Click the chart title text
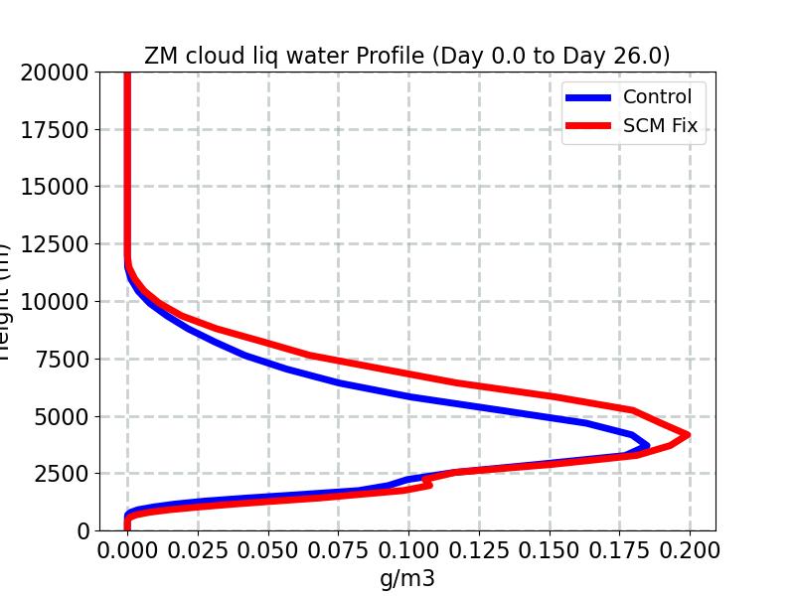(406, 56)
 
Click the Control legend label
(657, 96)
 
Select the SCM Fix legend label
(660, 126)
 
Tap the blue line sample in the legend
(588, 97)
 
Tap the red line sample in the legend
(588, 127)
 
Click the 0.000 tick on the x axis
(127, 549)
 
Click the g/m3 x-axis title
(407, 578)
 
